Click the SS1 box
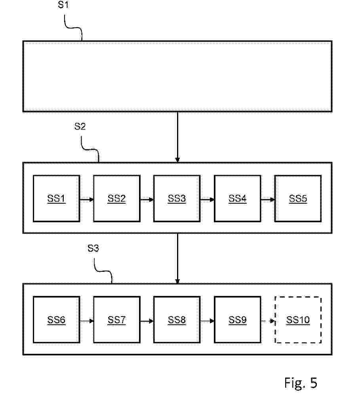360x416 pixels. coord(56,198)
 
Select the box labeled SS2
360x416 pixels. coord(116,198)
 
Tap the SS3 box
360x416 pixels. coord(177,198)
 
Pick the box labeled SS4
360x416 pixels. coord(237,198)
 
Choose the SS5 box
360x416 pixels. coord(298,198)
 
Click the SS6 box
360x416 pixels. coord(56,320)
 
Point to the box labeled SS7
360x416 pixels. coord(116,320)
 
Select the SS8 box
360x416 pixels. coord(177,320)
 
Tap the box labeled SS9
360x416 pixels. coord(237,320)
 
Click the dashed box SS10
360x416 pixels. coord(298,320)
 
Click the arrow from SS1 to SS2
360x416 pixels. coord(86,199)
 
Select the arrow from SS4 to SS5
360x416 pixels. coord(268,199)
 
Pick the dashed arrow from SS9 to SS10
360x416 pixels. coord(268,321)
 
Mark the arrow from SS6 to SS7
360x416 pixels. coord(86,321)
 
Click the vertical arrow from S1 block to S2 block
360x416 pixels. coord(177,137)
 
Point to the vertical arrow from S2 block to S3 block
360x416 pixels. coord(177,258)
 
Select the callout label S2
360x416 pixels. coord(80,126)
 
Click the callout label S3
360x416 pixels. coord(93,248)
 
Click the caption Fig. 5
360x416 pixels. coord(301,383)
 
